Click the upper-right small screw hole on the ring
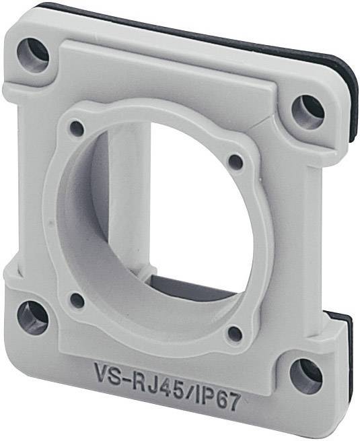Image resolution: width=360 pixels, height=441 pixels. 236,162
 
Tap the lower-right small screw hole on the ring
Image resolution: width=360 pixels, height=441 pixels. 235,333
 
